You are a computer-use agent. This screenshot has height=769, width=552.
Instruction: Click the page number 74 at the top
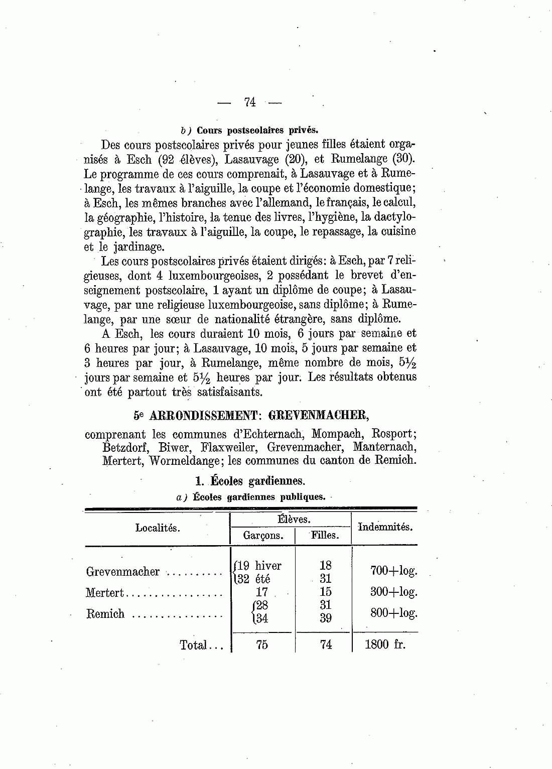pyautogui.click(x=249, y=102)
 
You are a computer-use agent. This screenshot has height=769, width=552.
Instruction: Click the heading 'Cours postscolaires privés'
pyautogui.click(x=257, y=130)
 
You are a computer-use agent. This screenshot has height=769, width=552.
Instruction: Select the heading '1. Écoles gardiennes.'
pyautogui.click(x=250, y=481)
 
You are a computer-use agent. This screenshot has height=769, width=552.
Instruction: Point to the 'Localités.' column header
pyautogui.click(x=158, y=528)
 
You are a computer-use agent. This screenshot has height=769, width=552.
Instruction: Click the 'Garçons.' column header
pyautogui.click(x=263, y=536)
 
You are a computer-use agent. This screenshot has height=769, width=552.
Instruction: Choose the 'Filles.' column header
pyautogui.click(x=325, y=536)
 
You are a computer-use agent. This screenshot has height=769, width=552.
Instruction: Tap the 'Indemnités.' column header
pyautogui.click(x=385, y=527)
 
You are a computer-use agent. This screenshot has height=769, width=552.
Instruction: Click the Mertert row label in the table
pyautogui.click(x=104, y=593)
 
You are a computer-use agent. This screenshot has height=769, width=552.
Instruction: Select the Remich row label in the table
pyautogui.click(x=105, y=614)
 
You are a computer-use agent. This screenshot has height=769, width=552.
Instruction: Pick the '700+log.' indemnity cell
pyautogui.click(x=393, y=571)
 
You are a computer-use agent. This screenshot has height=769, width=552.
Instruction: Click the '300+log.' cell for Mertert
pyautogui.click(x=393, y=592)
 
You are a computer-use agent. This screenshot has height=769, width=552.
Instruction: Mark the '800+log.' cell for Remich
pyautogui.click(x=393, y=613)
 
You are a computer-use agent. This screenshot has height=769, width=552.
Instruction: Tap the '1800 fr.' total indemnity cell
pyautogui.click(x=384, y=645)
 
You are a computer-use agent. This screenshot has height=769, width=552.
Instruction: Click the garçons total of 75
pyautogui.click(x=262, y=645)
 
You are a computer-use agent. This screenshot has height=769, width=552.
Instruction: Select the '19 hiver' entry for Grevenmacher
pyautogui.click(x=259, y=566)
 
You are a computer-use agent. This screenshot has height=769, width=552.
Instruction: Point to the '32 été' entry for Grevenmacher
pyautogui.click(x=254, y=579)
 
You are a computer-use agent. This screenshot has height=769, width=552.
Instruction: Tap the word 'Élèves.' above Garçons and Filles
pyautogui.click(x=294, y=520)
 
